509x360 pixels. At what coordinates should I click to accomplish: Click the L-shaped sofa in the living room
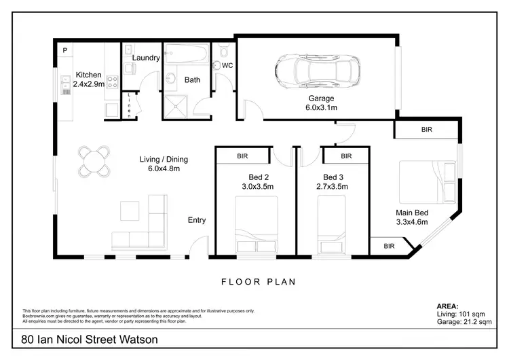(143, 224)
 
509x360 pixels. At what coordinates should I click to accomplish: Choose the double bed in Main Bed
(428, 180)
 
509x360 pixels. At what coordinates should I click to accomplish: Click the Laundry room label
(146, 58)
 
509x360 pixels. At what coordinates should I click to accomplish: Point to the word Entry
(197, 220)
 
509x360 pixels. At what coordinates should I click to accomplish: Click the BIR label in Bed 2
(242, 156)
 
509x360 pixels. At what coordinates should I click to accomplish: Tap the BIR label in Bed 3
(346, 156)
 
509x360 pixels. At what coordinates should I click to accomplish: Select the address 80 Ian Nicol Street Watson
(90, 340)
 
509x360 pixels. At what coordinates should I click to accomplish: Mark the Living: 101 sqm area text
(459, 314)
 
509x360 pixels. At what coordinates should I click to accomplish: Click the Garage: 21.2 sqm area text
(464, 323)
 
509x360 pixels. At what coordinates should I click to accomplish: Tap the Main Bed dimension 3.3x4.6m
(412, 221)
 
